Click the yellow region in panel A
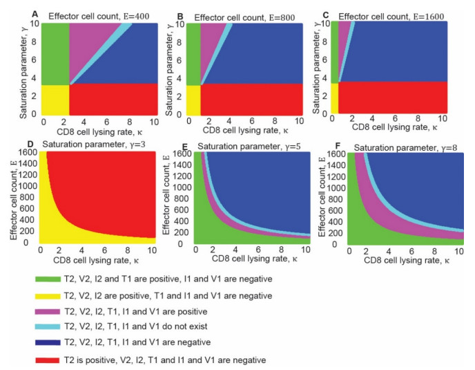coord(55,99)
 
